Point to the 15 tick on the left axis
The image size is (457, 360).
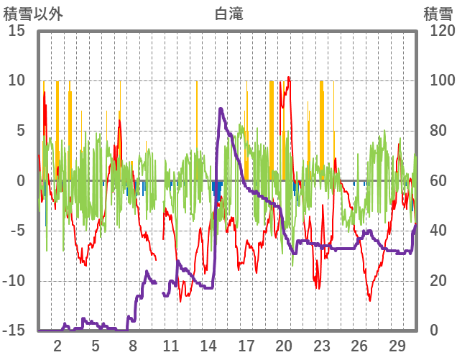point(17,31)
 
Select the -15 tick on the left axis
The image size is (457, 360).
point(14,331)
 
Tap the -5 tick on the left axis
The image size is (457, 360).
point(17,231)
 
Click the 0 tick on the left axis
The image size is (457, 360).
point(22,181)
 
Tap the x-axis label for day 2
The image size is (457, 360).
point(58,345)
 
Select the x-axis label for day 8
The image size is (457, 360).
point(133,345)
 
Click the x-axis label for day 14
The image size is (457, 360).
point(208,345)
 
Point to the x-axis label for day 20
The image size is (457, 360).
point(284,345)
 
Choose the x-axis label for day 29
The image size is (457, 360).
point(397,345)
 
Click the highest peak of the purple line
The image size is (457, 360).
point(221,109)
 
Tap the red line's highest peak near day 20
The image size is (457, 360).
point(289,77)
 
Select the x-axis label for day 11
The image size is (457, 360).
point(171,345)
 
